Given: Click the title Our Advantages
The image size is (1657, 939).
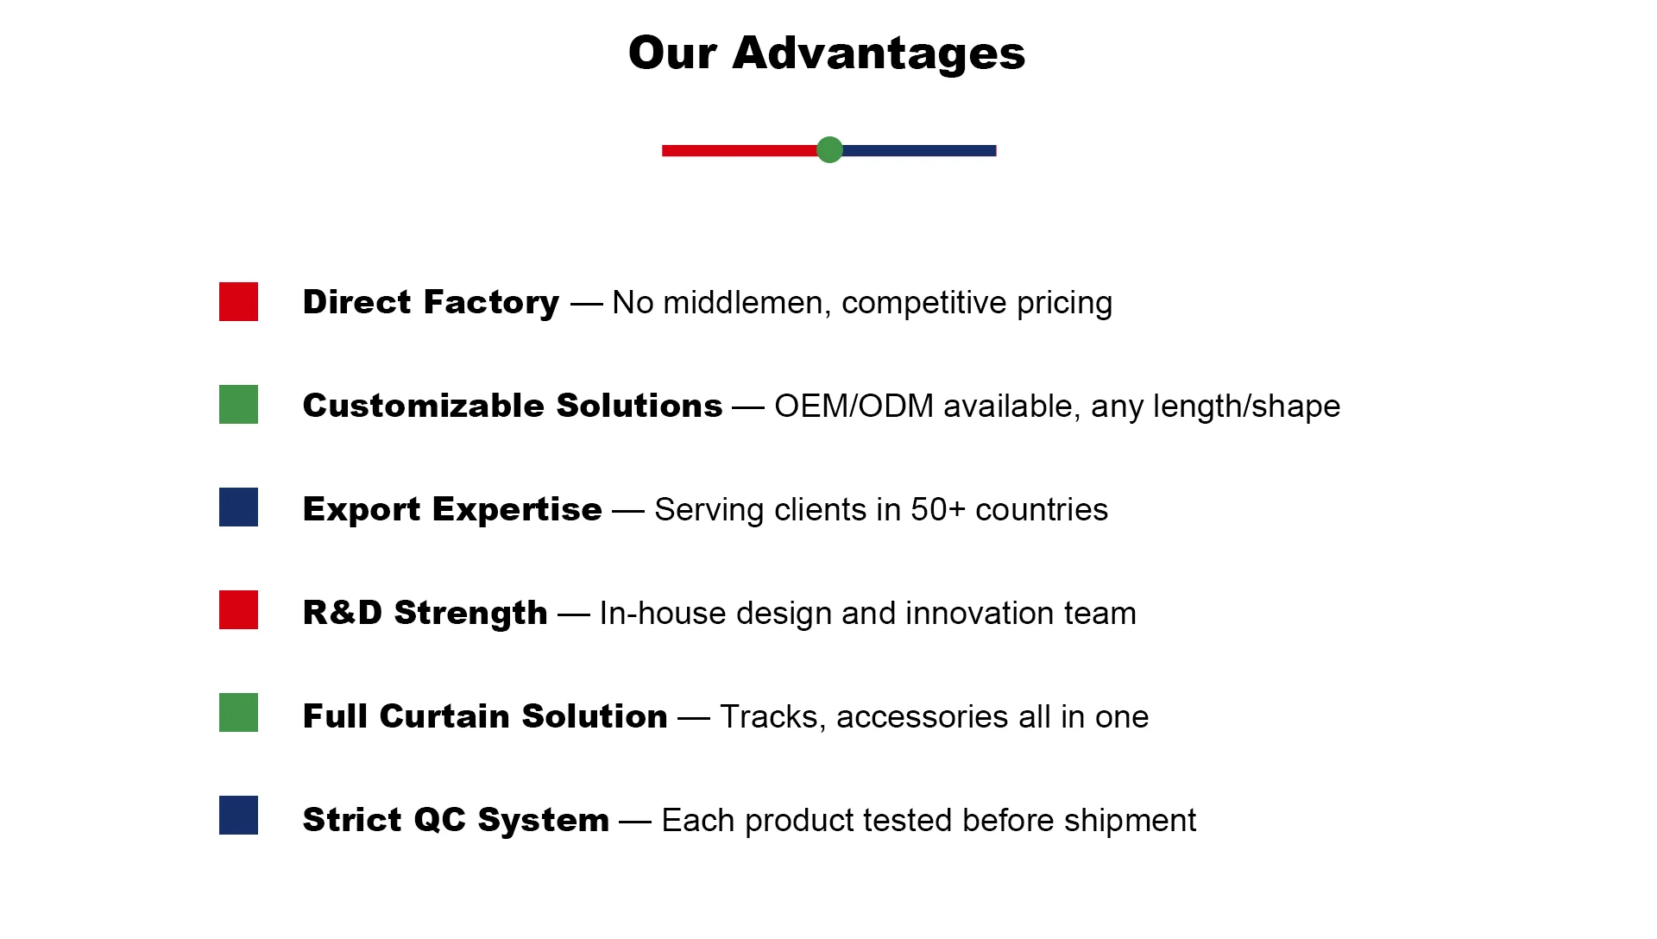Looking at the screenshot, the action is pos(827,53).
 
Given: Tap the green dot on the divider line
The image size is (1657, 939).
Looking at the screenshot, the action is pos(829,149).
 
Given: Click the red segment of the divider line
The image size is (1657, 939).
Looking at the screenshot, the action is pos(740,150).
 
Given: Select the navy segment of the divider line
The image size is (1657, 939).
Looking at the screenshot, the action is pos(919,150).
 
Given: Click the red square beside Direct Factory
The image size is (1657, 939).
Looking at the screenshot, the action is pos(238,301).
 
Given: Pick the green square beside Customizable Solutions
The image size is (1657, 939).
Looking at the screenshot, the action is pos(238,404).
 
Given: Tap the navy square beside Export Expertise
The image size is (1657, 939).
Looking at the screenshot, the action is pos(238,507).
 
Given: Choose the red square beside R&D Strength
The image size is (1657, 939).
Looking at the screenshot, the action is pos(238,609).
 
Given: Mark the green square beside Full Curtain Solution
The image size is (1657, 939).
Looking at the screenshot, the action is pos(238,712).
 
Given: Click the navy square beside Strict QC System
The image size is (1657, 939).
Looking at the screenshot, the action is pos(238,815).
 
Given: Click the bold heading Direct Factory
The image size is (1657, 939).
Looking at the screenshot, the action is pos(431,302).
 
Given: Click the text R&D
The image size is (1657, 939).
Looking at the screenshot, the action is pos(343,613).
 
